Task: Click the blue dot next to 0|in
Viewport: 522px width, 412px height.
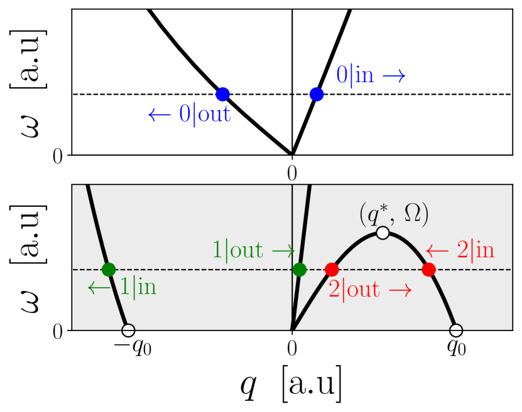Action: click(317, 95)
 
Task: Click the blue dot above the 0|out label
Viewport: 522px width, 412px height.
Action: click(222, 95)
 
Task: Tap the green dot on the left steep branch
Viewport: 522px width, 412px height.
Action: click(109, 270)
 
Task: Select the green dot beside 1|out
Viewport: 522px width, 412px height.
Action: click(300, 270)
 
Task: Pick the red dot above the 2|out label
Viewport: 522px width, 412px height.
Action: click(332, 270)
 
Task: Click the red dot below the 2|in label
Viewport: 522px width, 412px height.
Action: click(429, 270)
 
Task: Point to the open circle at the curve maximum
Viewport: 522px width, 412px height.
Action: click(382, 233)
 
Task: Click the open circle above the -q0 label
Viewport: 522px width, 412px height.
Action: click(128, 330)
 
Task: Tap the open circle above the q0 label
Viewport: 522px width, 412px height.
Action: click(457, 330)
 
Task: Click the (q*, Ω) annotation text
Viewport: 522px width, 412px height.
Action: click(394, 215)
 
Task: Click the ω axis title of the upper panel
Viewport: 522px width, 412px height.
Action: click(26, 82)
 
